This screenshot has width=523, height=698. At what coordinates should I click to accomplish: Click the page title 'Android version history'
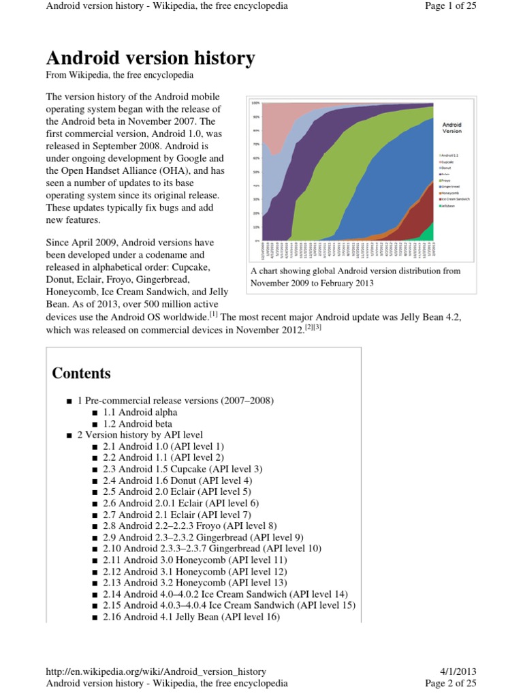pos(150,58)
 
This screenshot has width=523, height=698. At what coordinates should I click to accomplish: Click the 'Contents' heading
pos(81,373)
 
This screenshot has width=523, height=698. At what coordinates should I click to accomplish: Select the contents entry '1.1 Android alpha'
pos(140,412)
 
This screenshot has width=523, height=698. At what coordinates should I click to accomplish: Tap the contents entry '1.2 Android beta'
pos(139,423)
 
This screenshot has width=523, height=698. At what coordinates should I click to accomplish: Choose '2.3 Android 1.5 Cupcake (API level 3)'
pos(183,469)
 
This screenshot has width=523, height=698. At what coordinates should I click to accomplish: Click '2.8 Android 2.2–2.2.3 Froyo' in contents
pos(190,526)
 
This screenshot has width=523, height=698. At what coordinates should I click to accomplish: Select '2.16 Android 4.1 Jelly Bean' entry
pos(191,617)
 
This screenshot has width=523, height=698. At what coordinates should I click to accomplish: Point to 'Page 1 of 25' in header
pos(450,6)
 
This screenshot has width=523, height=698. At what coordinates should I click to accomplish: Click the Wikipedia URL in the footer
pos(156,671)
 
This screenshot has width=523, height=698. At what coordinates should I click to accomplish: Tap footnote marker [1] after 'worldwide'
pos(213,314)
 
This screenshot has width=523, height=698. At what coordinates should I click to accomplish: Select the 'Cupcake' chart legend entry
pos(447,162)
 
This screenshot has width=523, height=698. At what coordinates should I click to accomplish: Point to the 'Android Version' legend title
pos(451,128)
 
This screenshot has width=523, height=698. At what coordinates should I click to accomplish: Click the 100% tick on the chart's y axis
pos(255,103)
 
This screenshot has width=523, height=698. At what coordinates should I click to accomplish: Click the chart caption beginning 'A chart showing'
pos(355,277)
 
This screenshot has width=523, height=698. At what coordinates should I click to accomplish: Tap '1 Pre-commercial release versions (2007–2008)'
pos(176,401)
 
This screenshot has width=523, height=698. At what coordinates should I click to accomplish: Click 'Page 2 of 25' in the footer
pos(450,682)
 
